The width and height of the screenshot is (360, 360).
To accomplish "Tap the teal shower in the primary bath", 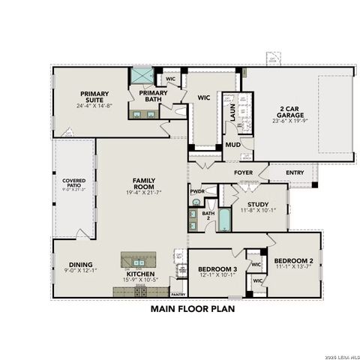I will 141,76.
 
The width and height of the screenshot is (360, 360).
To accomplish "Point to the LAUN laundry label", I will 233,113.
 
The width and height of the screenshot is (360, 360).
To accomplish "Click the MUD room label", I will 233,144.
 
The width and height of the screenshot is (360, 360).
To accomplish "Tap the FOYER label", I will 243,172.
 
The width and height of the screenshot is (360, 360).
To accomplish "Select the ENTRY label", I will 295,172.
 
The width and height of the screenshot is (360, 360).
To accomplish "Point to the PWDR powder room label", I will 197,191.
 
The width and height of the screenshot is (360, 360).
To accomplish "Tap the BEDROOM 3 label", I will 217,268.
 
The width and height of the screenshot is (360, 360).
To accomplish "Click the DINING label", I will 80,264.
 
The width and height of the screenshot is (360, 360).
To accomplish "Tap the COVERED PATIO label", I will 73,181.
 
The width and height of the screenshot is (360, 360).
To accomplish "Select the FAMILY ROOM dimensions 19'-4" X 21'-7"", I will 143,192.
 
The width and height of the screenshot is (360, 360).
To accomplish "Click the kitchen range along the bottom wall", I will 139,291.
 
